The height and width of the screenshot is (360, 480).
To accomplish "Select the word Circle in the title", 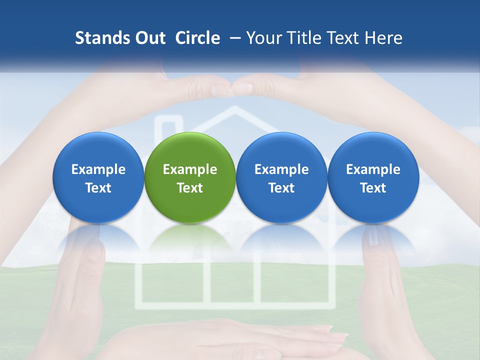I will click(x=197, y=38).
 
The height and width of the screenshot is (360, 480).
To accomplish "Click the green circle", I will click(x=190, y=177).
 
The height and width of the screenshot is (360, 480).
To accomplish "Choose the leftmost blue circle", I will click(x=98, y=177).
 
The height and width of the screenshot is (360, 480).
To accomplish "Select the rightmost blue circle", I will click(x=373, y=177).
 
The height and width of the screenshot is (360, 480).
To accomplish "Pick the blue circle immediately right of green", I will click(x=281, y=177).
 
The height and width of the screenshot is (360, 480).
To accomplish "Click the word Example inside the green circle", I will click(x=190, y=169).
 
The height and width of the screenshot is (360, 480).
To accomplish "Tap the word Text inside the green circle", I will click(x=190, y=188).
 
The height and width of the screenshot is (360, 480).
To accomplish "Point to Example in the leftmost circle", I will click(x=98, y=169).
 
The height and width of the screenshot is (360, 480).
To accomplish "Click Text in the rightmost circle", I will click(x=373, y=188).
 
